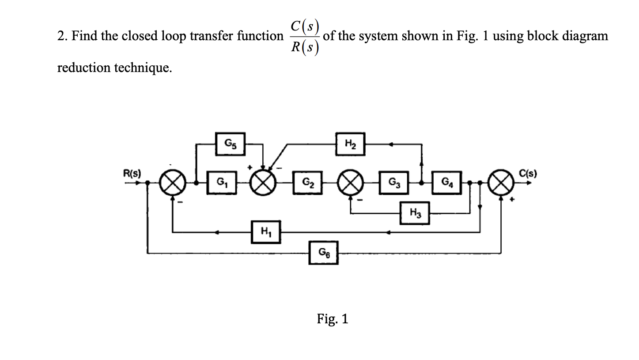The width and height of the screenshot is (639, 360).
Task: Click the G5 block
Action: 230,144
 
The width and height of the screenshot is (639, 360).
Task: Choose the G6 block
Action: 323,252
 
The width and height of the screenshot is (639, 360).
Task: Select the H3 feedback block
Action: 415,213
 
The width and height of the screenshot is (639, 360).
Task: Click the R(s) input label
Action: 131,173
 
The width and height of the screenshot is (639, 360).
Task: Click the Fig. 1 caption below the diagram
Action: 333,318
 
